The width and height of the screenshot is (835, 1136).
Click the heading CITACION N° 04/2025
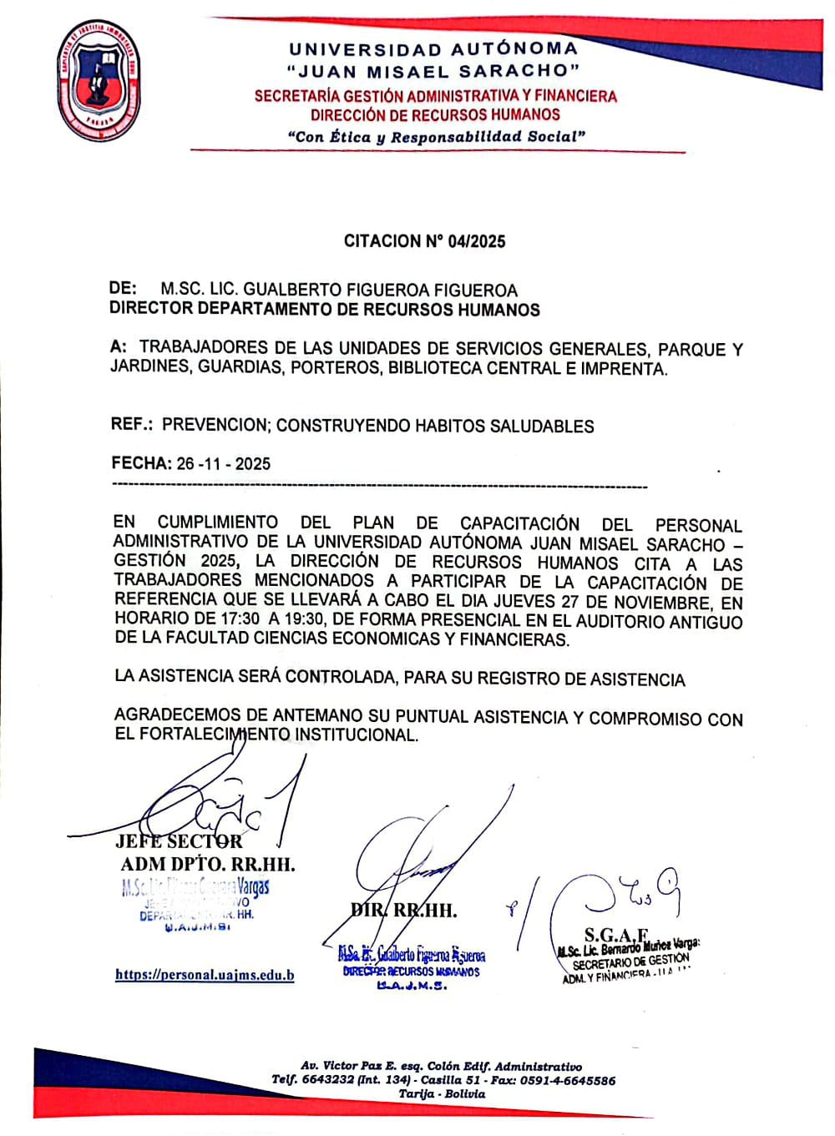[424, 241]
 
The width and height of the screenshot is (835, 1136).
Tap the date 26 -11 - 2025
[223, 464]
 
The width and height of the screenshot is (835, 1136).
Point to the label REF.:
[131, 425]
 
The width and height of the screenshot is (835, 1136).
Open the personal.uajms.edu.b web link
[205, 975]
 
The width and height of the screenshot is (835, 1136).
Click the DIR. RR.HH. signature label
[404, 910]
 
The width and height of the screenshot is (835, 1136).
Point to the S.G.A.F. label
[617, 935]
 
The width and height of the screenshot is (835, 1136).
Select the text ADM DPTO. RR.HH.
[207, 863]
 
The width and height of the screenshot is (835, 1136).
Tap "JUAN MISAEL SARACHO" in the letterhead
[432, 71]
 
